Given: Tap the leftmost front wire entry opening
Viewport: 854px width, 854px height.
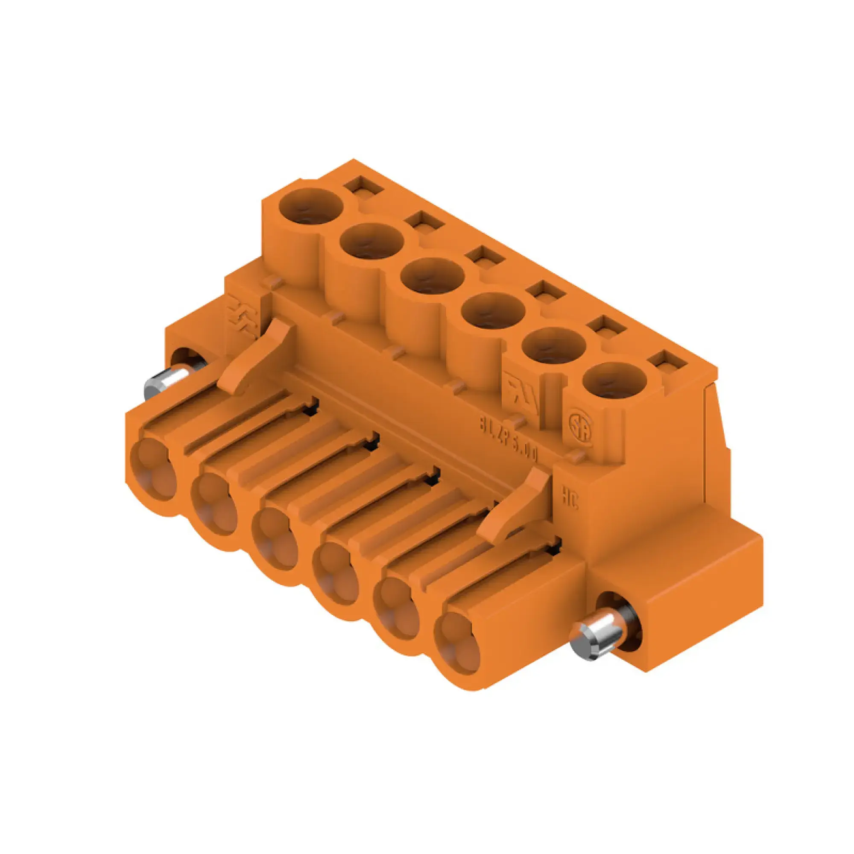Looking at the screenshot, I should pos(152,472).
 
